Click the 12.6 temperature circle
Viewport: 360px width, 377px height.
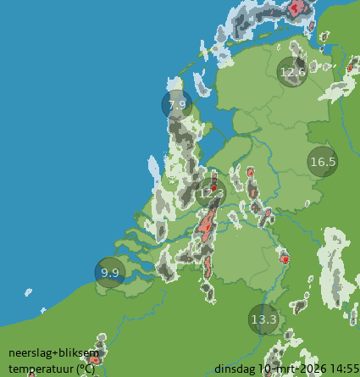[x=292, y=72]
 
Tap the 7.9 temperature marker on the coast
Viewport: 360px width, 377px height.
[x=177, y=105]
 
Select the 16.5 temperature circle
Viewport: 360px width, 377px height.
[x=323, y=162]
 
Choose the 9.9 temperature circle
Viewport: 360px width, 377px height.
[x=110, y=273]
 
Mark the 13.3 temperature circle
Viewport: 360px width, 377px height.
[x=264, y=319]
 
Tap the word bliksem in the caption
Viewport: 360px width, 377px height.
[x=79, y=352]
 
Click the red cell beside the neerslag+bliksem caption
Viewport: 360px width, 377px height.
[x=95, y=359]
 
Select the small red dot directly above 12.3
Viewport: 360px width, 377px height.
[x=214, y=180]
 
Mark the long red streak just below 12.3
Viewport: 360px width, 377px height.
[x=206, y=225]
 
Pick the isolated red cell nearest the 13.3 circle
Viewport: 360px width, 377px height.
[x=285, y=258]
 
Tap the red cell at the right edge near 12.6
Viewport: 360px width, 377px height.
[x=351, y=65]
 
